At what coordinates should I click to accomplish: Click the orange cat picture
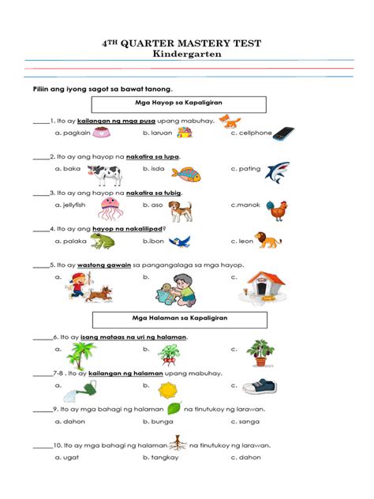point(230,121)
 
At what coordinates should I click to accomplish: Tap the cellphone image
point(283,133)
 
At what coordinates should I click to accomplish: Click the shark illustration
point(276,171)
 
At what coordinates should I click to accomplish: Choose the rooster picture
point(277,209)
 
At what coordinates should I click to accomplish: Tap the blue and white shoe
point(260,387)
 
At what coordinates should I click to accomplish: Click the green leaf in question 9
point(174,408)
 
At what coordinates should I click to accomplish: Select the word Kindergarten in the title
point(187,55)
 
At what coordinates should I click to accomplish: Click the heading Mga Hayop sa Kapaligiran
point(179,104)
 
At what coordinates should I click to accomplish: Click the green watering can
point(84,388)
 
